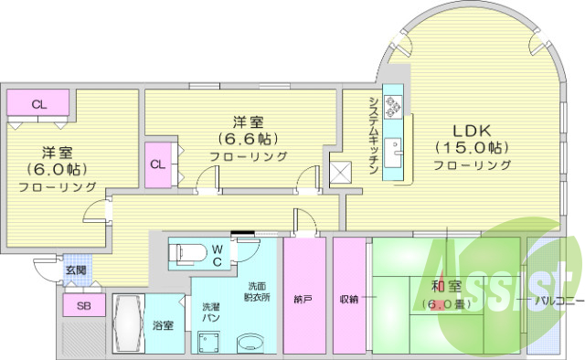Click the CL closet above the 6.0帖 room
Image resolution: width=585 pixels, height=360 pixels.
click(38, 104)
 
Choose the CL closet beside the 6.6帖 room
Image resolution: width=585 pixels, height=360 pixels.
click(158, 165)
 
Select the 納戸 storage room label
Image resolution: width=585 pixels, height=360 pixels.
click(301, 298)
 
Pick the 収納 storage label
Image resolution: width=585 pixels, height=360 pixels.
click(348, 298)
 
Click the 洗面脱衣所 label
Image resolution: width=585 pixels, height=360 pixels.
click(256, 290)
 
